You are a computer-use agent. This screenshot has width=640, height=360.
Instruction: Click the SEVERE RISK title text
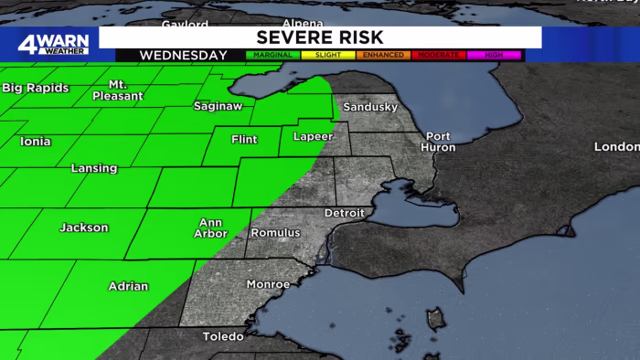[319, 37]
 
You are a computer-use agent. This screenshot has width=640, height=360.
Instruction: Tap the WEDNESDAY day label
[183, 56]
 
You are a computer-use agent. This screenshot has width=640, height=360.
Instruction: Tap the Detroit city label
[344, 213]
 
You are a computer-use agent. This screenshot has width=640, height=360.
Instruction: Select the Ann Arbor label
[211, 228]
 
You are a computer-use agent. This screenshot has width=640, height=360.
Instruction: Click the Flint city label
[244, 140]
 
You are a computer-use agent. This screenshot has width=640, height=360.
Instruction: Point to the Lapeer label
[313, 137]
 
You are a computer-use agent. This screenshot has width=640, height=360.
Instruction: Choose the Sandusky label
[370, 107]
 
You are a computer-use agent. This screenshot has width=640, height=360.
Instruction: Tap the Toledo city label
[223, 336]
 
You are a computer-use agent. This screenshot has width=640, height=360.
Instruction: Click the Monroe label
[268, 285]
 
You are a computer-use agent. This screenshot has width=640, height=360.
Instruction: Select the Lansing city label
[94, 168]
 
